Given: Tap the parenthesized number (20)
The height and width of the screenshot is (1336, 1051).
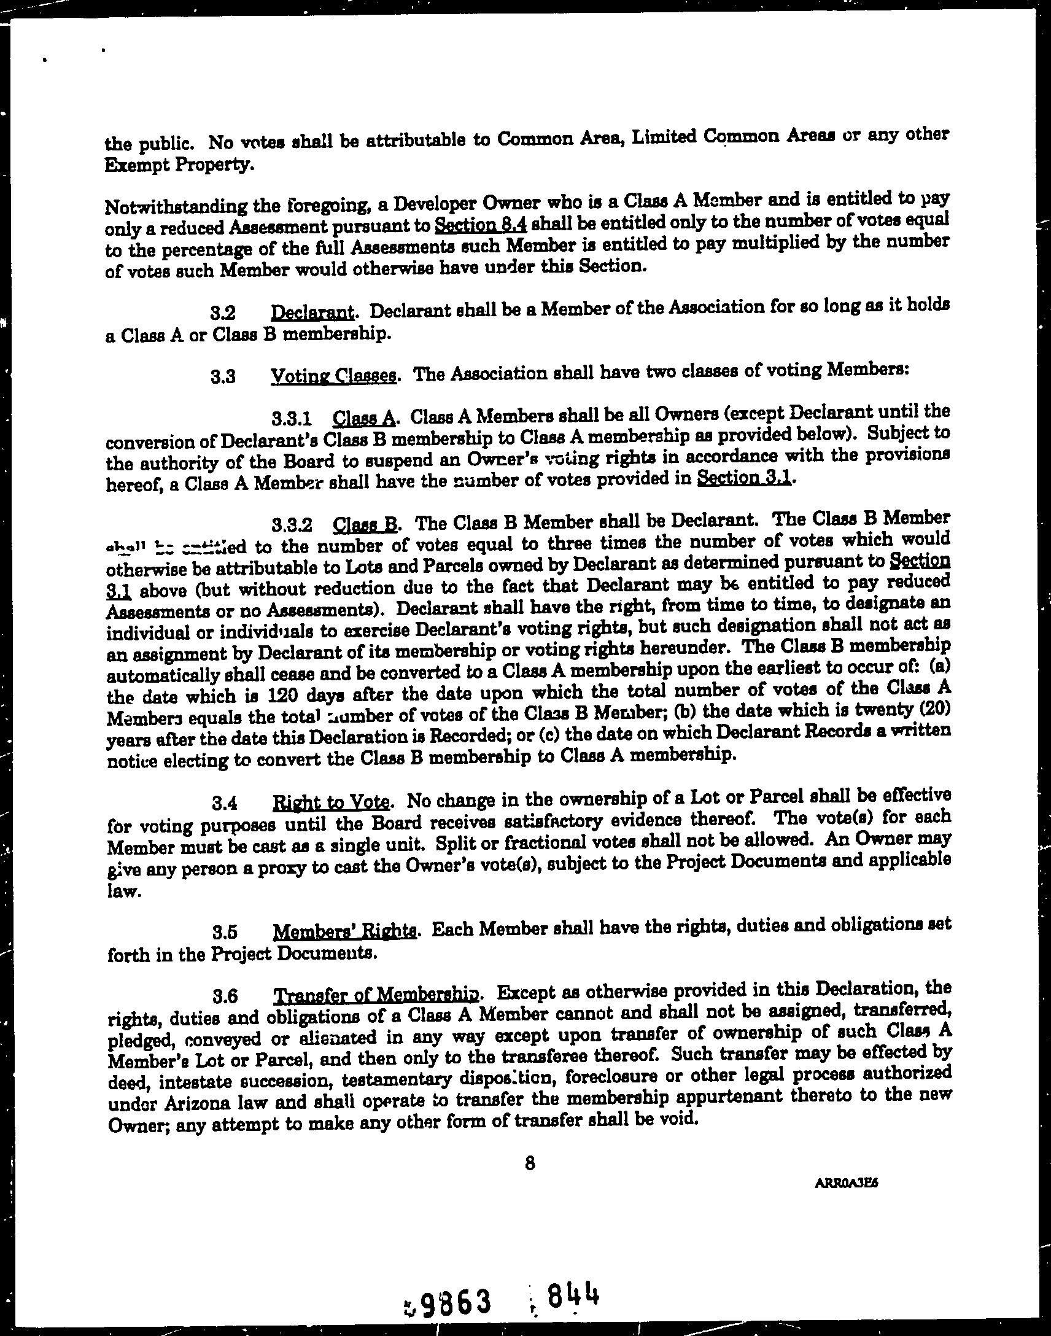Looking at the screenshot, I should [x=935, y=709].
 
